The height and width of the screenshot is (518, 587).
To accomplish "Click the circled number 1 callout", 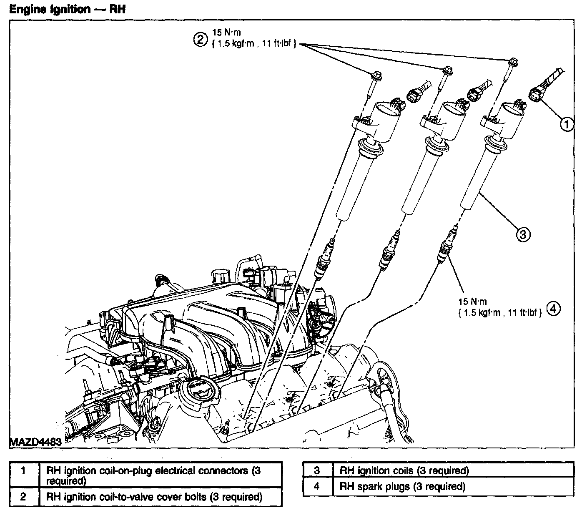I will (x=566, y=124).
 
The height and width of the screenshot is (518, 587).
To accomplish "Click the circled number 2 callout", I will (x=200, y=39).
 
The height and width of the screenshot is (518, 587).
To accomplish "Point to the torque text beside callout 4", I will (x=500, y=307).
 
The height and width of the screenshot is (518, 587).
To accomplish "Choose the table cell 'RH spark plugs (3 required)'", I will (x=453, y=486).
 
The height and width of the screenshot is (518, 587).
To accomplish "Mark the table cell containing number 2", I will (x=24, y=497).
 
